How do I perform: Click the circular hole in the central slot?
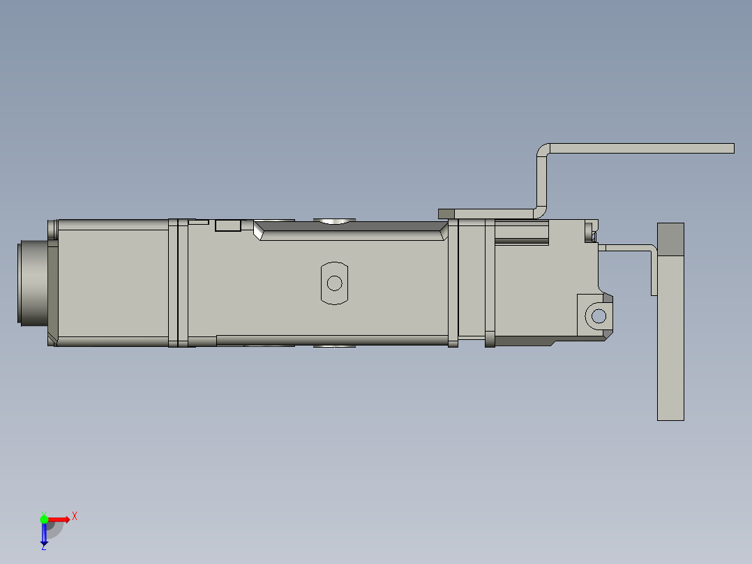(x=334, y=283)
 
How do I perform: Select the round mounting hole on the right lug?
(x=599, y=316)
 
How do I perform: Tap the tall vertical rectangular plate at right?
(x=670, y=335)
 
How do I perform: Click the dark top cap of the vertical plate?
(x=670, y=239)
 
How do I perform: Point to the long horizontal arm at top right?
(x=642, y=148)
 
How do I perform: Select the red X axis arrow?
(x=59, y=519)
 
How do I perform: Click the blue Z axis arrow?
(x=44, y=534)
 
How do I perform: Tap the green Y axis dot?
(x=44, y=519)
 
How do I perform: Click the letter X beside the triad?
(x=75, y=516)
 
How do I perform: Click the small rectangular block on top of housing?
(x=227, y=225)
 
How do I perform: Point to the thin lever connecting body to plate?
(x=629, y=247)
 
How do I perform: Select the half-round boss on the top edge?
(x=334, y=221)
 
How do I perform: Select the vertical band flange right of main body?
(x=453, y=283)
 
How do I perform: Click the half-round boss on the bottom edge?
(x=334, y=346)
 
